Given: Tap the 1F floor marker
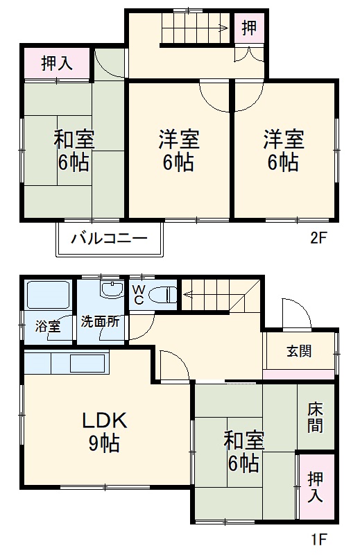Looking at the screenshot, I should click(318, 538).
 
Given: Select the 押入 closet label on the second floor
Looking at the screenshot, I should click(57, 64).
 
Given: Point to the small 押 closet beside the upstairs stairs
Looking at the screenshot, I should click(248, 28).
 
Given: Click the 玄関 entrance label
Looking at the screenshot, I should click(299, 350).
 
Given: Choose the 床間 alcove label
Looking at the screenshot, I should click(316, 418).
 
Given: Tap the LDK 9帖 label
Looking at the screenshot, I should click(104, 431).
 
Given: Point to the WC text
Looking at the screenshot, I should click(138, 294).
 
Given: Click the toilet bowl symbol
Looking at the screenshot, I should click(162, 294).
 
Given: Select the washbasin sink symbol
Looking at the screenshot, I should click(110, 290).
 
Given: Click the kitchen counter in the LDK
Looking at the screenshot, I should click(67, 363).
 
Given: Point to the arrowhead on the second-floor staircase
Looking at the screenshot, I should click(225, 28).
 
